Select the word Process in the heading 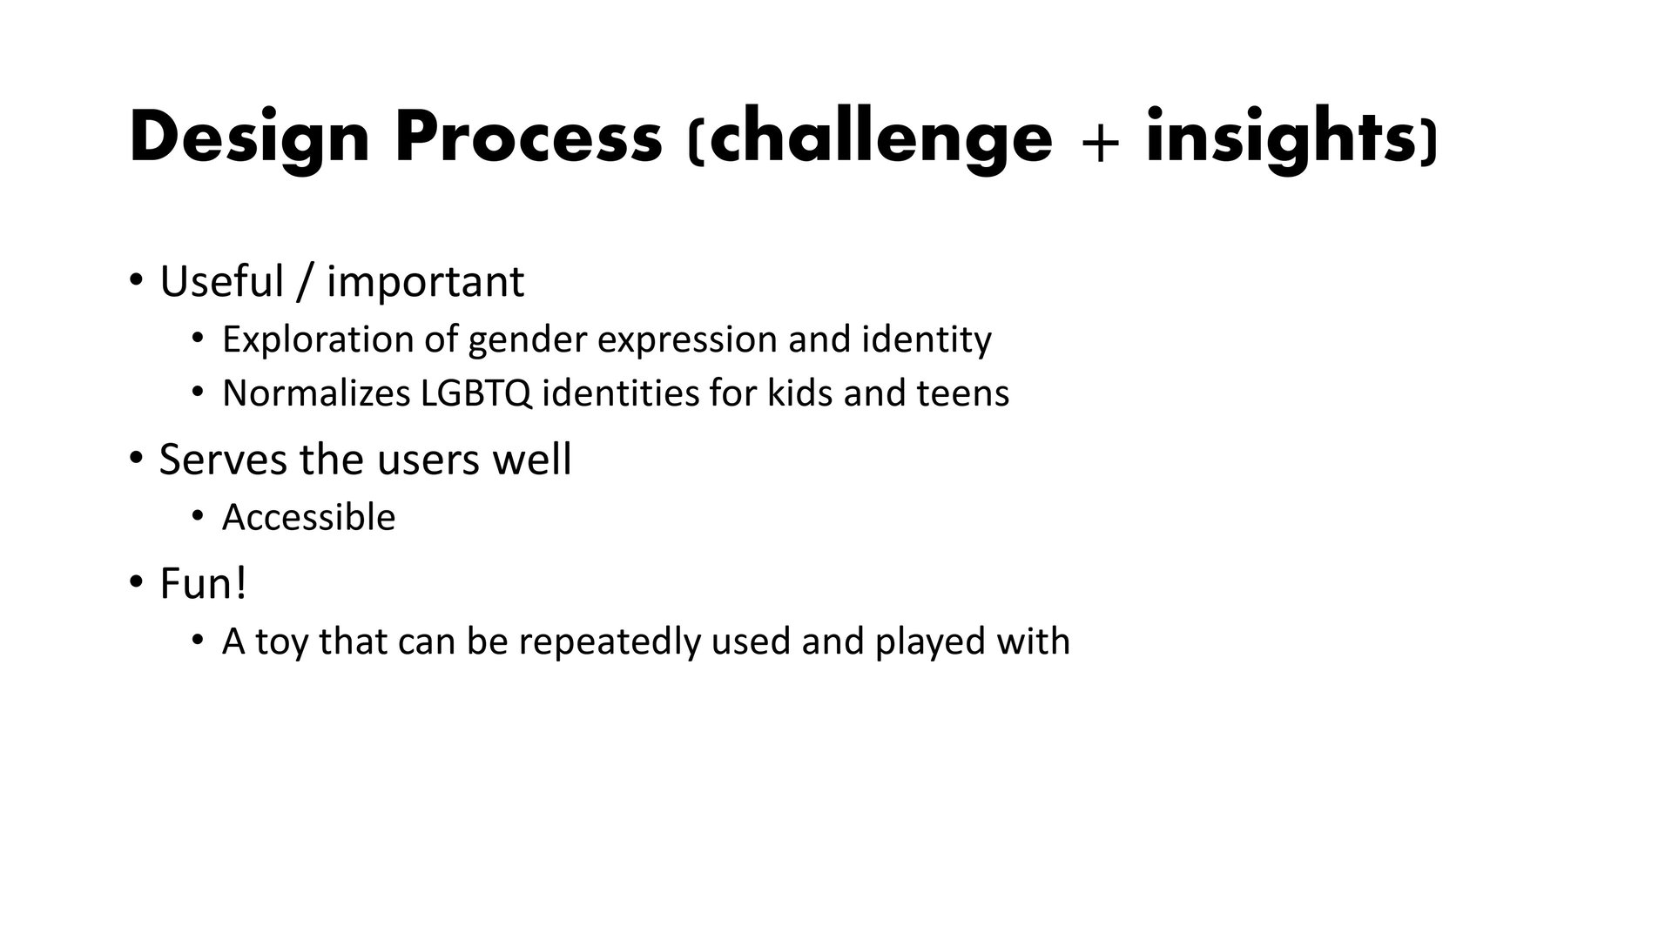coord(528,138)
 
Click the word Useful coord(222,281)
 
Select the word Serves coord(223,460)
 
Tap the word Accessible coord(309,517)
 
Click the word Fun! coord(204,583)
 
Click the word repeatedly coord(610,642)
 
